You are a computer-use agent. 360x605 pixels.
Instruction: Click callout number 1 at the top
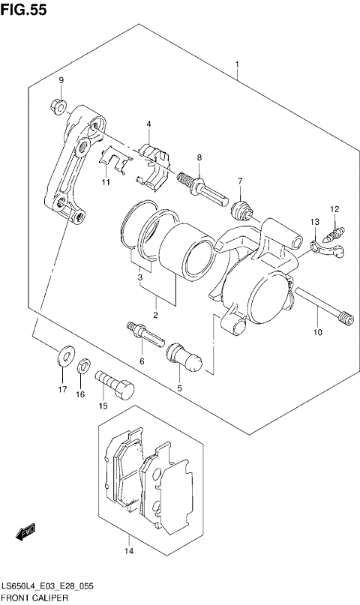click(x=237, y=65)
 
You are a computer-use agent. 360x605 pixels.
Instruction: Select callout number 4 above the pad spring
click(x=148, y=124)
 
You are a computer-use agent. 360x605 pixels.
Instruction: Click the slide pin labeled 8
click(x=200, y=187)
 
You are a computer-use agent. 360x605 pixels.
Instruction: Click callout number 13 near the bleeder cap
click(x=315, y=223)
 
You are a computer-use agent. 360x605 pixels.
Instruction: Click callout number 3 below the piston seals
click(x=139, y=279)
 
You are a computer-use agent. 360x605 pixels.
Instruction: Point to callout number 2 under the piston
click(x=155, y=315)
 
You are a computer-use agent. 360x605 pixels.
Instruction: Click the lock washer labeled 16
click(x=84, y=366)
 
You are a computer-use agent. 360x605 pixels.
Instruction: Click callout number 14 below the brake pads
click(x=128, y=552)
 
